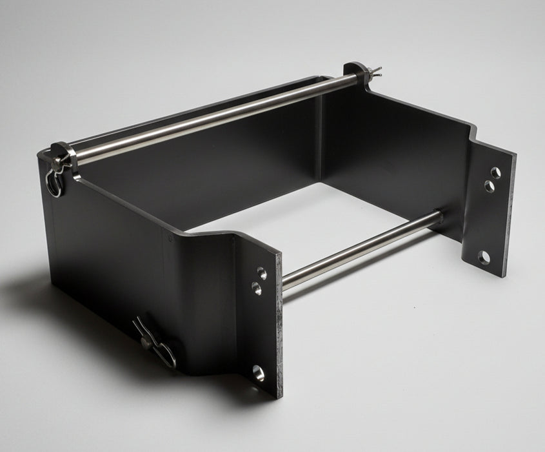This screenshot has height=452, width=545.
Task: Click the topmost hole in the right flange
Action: pos(495,172)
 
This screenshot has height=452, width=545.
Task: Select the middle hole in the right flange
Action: pos(490,187)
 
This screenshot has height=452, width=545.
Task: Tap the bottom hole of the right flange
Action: pos(484,258)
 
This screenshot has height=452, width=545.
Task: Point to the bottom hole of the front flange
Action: pos(258,373)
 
